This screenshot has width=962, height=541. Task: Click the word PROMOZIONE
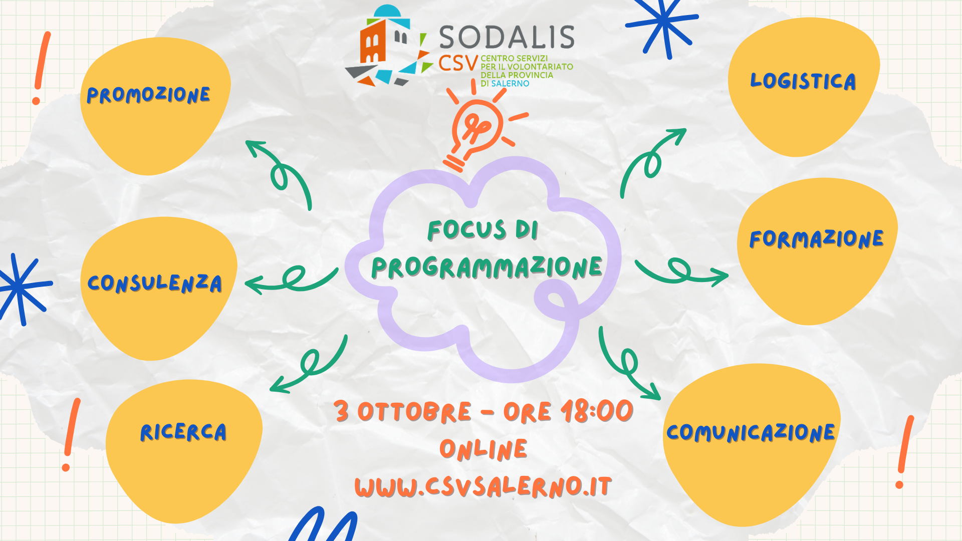click(x=148, y=95)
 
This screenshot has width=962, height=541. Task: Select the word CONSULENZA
click(x=155, y=283)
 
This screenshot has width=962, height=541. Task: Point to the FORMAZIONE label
click(x=816, y=238)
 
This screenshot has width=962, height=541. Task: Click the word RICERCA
click(x=183, y=432)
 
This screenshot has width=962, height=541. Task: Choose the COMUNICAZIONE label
click(x=751, y=432)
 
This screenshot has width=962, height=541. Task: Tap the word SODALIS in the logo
click(x=507, y=37)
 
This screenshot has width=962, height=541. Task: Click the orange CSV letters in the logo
click(x=458, y=64)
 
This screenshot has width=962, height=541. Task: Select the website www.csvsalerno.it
click(x=483, y=486)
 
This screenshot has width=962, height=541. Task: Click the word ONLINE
click(x=484, y=449)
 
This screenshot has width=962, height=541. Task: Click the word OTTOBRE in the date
click(x=414, y=412)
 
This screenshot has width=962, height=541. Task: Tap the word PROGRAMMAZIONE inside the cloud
click(x=487, y=267)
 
